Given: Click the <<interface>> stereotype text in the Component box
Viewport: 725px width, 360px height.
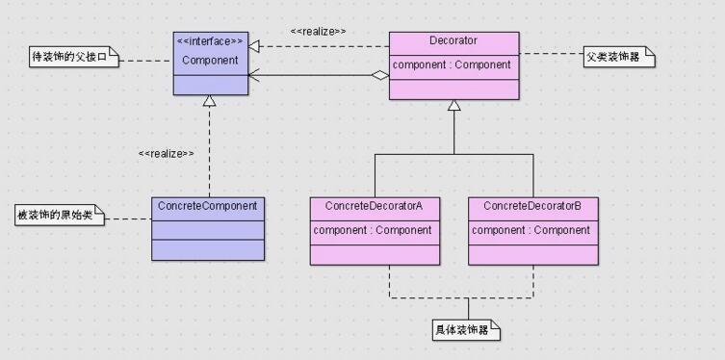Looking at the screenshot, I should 210,41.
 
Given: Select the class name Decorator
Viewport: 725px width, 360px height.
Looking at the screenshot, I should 453,40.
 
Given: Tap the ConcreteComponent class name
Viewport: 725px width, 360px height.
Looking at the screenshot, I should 207,206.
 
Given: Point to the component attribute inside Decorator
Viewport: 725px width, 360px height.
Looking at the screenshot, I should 453,64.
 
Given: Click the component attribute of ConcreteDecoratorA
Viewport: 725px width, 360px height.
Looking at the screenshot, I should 373,230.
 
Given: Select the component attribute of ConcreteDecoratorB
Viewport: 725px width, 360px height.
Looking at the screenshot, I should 531,230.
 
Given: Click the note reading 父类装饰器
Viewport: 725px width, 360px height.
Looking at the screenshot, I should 618,58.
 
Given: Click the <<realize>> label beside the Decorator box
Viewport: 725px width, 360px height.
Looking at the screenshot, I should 318,31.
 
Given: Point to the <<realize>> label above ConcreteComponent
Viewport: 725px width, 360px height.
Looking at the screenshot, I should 166,153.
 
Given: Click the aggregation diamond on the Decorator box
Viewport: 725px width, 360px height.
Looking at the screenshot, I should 381,75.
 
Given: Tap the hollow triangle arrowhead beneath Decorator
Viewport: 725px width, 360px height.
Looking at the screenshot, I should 453,105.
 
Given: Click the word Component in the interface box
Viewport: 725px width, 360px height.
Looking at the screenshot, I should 210,60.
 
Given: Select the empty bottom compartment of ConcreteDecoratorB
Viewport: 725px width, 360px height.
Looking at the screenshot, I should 532,252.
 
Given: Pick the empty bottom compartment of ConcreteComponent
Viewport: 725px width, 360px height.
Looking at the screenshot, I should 207,250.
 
